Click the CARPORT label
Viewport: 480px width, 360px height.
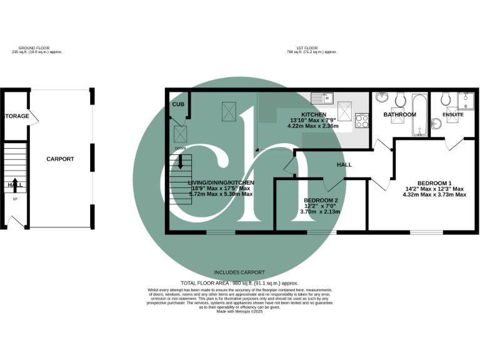[x=60, y=159]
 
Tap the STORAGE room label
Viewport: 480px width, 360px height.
[x=17, y=116]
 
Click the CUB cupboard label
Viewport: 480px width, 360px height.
[x=178, y=105]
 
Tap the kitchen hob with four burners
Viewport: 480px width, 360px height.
[x=362, y=120]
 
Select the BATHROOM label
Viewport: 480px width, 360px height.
[x=399, y=115]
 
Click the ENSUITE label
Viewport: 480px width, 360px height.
[x=452, y=115]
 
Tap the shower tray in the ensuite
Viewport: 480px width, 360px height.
[x=466, y=101]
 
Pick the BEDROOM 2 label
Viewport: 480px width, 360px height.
[x=320, y=199]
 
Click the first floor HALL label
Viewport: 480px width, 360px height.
[x=344, y=165]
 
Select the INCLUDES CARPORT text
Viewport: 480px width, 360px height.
[x=239, y=272]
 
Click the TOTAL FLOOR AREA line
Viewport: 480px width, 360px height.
[x=239, y=283]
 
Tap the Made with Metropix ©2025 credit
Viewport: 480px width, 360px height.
[x=239, y=311]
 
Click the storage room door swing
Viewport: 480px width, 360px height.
[x=32, y=117]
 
